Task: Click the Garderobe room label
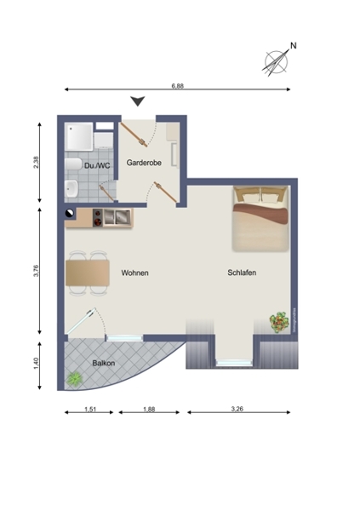click(144, 163)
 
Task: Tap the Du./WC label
click(97, 166)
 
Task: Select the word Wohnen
click(134, 273)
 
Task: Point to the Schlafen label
click(242, 273)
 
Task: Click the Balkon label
click(104, 363)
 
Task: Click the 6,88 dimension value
click(178, 86)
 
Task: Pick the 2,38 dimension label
click(36, 163)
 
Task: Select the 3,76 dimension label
click(36, 271)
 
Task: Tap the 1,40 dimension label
click(36, 364)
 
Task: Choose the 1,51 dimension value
click(90, 409)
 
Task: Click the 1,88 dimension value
click(149, 409)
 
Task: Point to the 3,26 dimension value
click(237, 409)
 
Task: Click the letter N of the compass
click(294, 46)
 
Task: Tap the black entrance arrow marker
click(138, 101)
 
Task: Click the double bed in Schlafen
click(260, 219)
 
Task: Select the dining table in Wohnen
click(88, 273)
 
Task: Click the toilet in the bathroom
click(73, 164)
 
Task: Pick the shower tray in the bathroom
click(78, 136)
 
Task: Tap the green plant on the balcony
click(75, 379)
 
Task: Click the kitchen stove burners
click(97, 218)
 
